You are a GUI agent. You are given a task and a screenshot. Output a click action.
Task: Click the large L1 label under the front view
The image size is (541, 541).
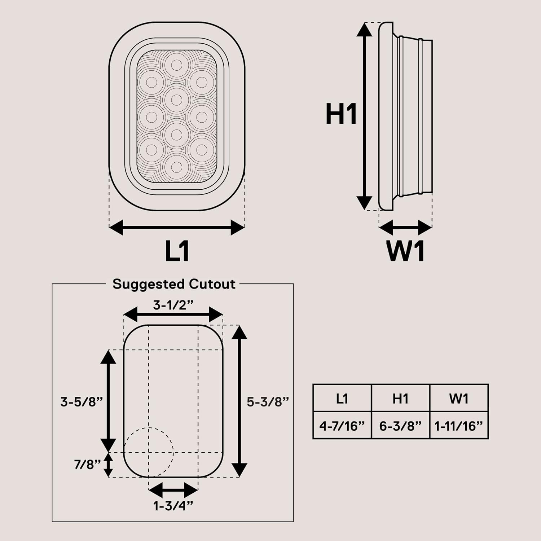click(177, 251)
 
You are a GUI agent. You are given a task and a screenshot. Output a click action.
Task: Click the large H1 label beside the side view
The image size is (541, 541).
click(341, 114)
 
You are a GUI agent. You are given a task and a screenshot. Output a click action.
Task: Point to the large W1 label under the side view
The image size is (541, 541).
click(405, 251)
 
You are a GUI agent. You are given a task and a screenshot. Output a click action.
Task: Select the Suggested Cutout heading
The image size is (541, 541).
click(174, 284)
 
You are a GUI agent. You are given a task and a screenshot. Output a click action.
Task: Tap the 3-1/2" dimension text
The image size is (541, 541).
click(173, 305)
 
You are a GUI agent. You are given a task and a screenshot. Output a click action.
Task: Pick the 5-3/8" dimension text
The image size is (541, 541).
click(268, 401)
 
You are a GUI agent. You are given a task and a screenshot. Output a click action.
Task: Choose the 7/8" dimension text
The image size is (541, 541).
click(87, 465)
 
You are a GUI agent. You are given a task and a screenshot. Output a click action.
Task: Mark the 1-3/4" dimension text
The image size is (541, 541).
click(173, 506)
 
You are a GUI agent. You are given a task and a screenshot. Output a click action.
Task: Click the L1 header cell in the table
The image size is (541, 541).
click(342, 399)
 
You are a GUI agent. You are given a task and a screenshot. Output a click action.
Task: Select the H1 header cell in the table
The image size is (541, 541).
click(400, 399)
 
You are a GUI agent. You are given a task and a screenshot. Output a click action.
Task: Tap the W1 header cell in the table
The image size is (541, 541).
click(459, 399)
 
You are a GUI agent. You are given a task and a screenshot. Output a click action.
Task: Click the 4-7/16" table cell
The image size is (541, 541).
click(342, 426)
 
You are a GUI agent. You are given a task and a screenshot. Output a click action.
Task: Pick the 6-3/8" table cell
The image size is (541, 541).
click(400, 426)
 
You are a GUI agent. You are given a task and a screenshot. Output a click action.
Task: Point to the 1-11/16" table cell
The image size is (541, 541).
click(459, 426)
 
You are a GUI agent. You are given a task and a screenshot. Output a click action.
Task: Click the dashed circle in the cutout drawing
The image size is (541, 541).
click(149, 452)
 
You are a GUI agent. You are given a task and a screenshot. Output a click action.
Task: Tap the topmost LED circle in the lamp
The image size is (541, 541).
click(176, 65)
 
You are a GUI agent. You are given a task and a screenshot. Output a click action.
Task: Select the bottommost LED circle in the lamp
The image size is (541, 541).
click(176, 167)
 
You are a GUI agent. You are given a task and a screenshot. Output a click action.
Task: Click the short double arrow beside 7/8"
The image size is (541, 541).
click(108, 465)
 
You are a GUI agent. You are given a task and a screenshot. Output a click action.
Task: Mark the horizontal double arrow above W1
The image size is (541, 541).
click(405, 228)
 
